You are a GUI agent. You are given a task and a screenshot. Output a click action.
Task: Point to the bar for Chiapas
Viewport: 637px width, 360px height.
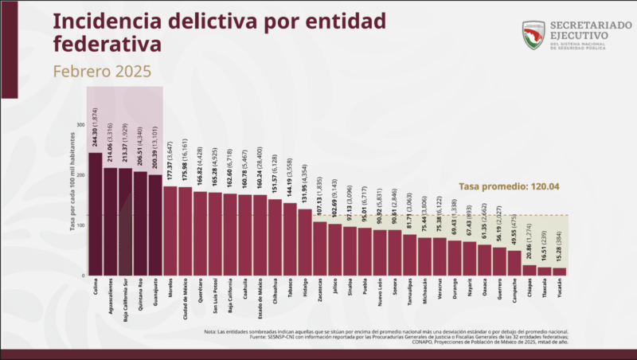point(530,270)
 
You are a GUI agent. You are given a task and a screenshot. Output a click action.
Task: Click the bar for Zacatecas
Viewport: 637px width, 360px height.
point(319,248)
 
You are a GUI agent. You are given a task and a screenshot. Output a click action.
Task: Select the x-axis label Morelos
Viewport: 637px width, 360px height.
point(170,288)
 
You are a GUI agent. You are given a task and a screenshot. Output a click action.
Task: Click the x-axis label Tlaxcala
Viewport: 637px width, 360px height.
point(545,289)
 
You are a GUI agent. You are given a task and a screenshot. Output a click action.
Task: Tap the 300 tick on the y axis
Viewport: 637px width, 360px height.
point(80,125)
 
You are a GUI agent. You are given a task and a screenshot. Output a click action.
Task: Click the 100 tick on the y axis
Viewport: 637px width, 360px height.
point(80,225)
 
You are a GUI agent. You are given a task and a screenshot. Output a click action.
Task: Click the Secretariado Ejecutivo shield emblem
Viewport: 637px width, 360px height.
point(533,34)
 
